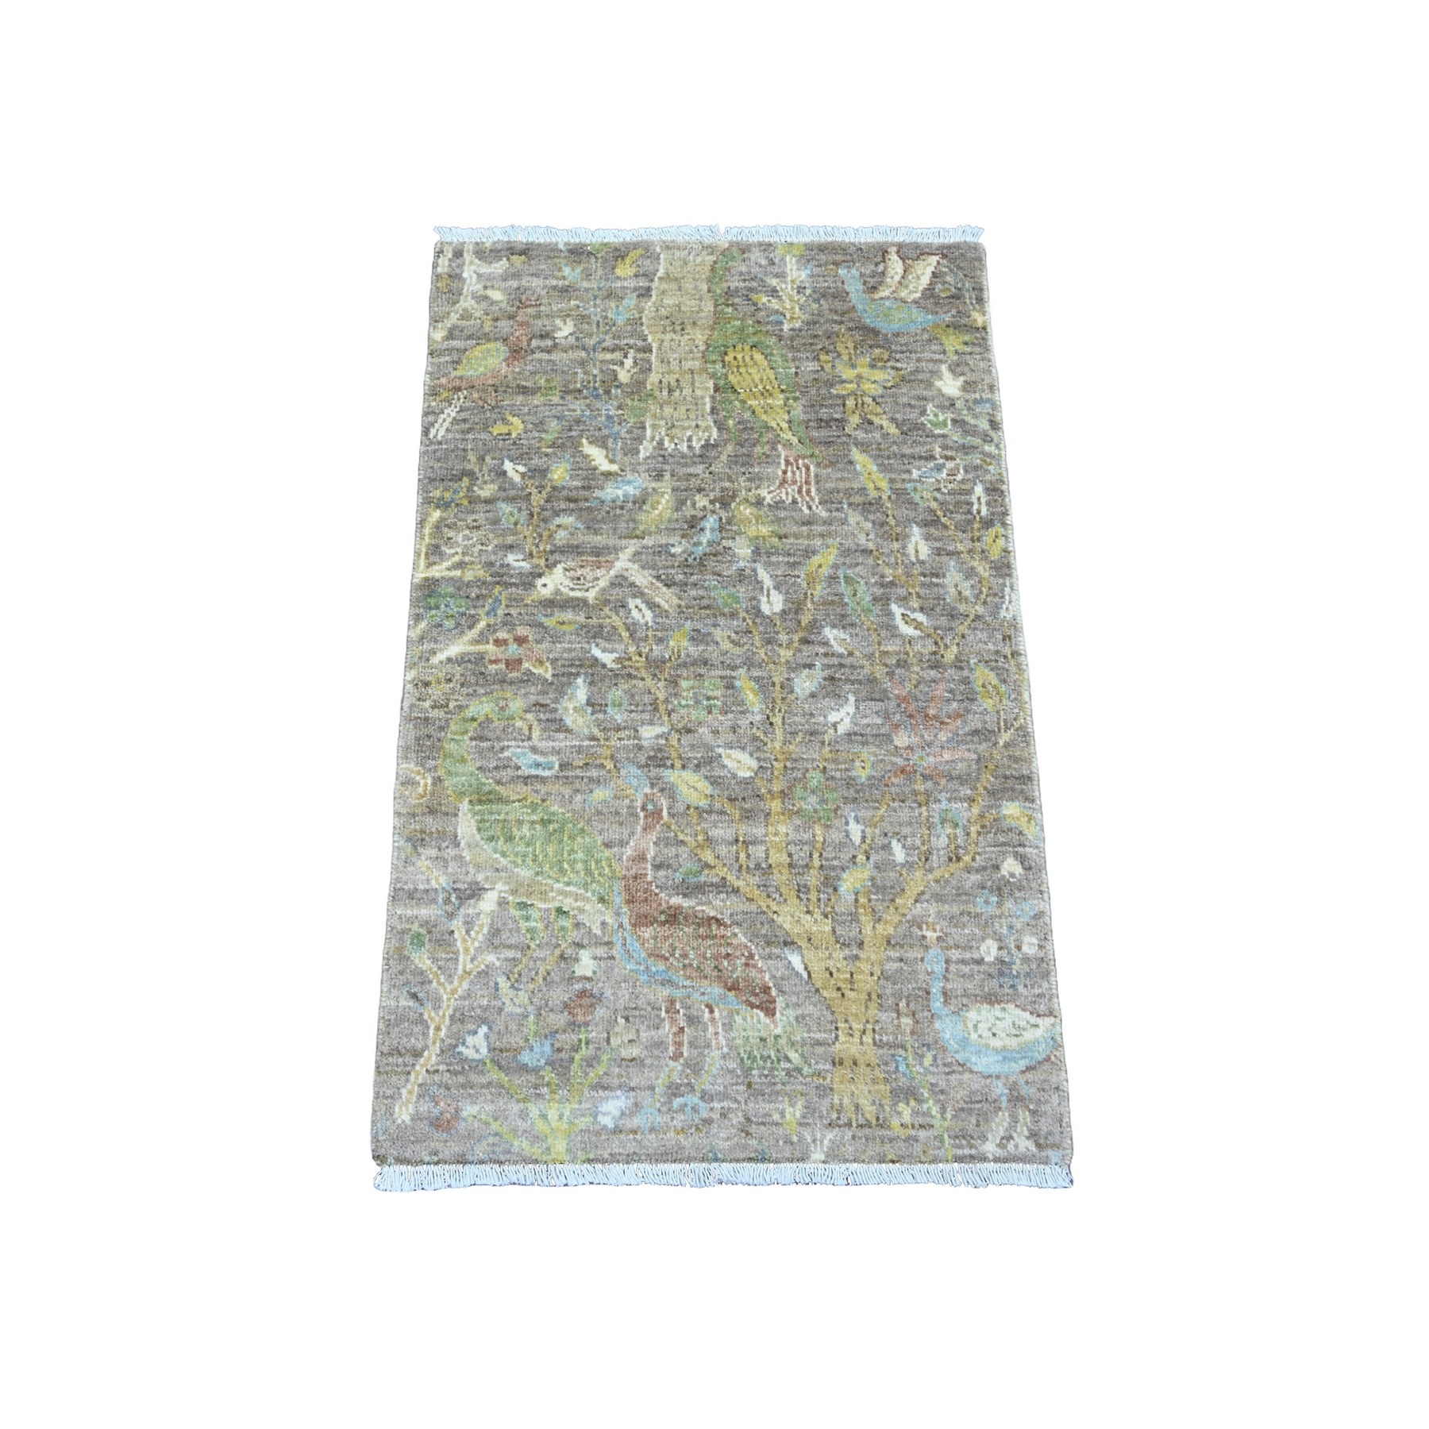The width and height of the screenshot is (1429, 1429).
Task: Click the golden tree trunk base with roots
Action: click(x=857, y=1048)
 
